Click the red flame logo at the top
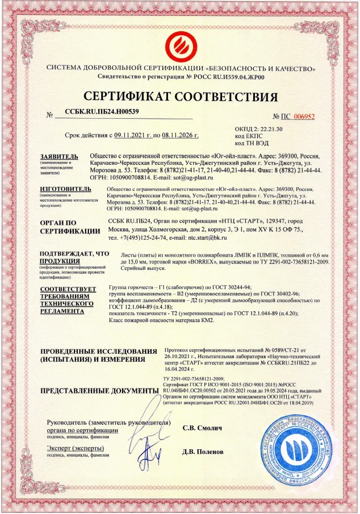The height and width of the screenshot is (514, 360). [181, 44]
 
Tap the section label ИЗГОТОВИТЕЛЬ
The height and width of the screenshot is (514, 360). [63, 188]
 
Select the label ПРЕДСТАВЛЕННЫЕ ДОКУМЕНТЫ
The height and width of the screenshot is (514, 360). [99, 391]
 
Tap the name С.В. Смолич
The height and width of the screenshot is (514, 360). [202, 427]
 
